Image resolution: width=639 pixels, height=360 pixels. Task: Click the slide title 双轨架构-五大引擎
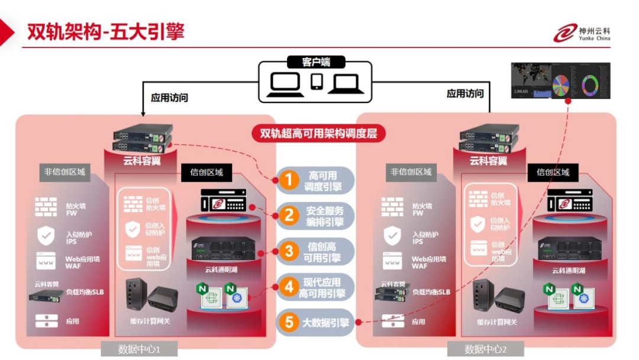(x=105, y=31)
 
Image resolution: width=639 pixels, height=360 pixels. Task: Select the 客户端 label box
(x=316, y=62)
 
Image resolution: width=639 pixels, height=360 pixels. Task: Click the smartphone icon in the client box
(x=317, y=81)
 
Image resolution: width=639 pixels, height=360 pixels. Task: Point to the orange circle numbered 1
(x=288, y=180)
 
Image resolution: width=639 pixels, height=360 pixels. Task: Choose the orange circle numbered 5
(x=289, y=323)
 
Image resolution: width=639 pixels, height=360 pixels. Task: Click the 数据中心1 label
(x=139, y=349)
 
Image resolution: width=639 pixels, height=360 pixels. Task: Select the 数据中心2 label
(x=486, y=349)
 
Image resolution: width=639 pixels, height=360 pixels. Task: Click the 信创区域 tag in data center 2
(x=553, y=172)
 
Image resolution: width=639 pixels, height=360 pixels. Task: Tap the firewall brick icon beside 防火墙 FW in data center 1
(x=46, y=207)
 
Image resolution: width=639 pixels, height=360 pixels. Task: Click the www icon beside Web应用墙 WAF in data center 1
(x=46, y=261)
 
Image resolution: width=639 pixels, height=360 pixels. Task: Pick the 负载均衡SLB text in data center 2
(x=431, y=292)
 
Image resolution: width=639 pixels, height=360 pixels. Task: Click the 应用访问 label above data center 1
(x=169, y=98)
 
